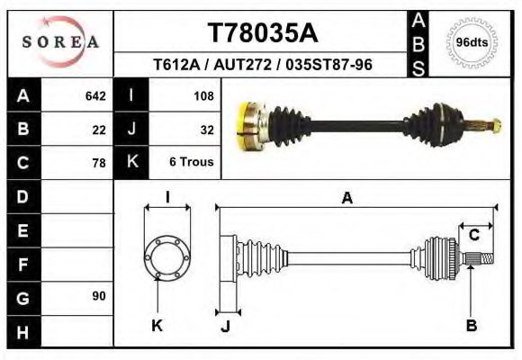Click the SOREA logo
[60, 42]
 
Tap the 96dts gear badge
[472, 42]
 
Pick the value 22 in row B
[99, 130]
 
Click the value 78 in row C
[99, 164]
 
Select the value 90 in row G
[99, 296]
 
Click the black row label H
[22, 332]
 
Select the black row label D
[22, 195]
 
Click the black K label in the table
[131, 163]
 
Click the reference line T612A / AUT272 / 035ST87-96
[263, 66]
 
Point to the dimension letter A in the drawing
[346, 199]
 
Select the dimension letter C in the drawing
[473, 235]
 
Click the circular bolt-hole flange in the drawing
[167, 256]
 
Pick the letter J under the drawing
[225, 327]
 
